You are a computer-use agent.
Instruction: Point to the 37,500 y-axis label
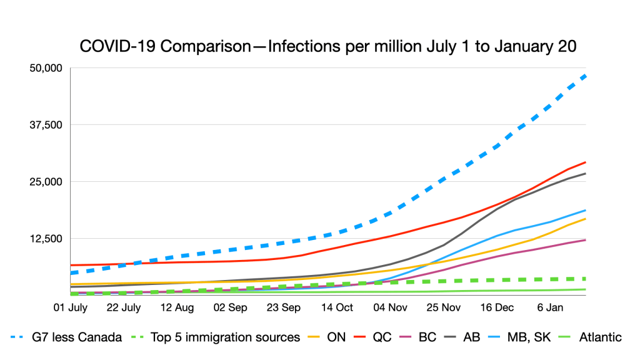(x=47, y=124)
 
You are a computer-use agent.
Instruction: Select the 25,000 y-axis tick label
(x=47, y=181)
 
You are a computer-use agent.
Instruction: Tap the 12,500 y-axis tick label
(x=47, y=238)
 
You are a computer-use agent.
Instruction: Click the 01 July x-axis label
(x=70, y=308)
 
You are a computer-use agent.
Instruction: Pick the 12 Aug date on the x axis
(x=177, y=308)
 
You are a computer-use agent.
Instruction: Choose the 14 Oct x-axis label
(x=337, y=308)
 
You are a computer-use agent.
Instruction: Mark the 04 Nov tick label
(x=390, y=308)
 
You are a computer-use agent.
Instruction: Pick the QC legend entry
(x=382, y=337)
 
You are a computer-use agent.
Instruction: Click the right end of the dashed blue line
(x=585, y=76)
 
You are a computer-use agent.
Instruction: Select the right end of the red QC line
(x=585, y=162)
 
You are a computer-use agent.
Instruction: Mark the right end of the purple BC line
(x=585, y=240)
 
